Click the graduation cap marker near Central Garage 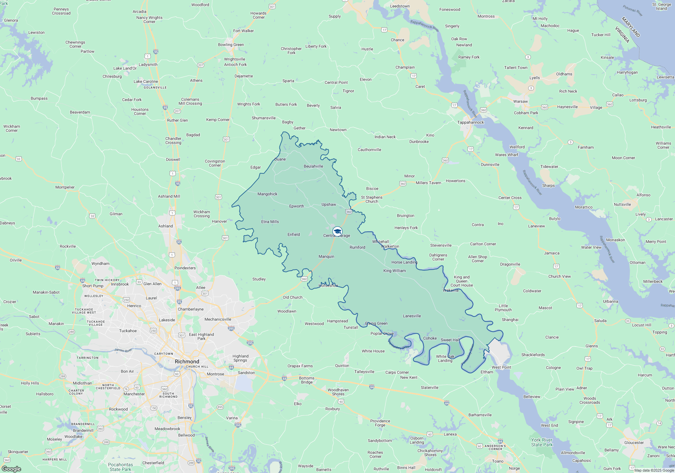coord(337,231)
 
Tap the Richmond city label coord(187,362)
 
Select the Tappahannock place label coord(470,122)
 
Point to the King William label coord(395,271)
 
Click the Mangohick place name coord(267,194)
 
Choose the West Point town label coord(501,367)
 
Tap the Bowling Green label coord(231,45)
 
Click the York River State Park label coord(542,442)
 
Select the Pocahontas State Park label coord(120,467)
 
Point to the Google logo coord(11,469)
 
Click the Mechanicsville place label coord(218,319)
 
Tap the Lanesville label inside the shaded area coord(412,316)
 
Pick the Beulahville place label coord(313,166)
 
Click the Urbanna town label coord(611,301)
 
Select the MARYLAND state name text coord(631,27)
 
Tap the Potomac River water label coord(633,10)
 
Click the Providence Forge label coord(380,423)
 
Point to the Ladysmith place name coord(148,65)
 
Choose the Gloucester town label coord(634,443)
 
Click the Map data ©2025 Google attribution coord(654,470)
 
